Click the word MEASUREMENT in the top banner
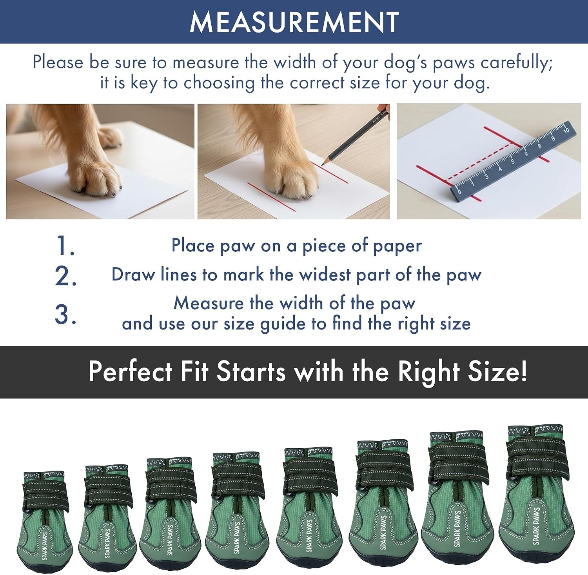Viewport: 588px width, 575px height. coord(294,22)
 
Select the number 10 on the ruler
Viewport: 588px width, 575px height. coord(566,130)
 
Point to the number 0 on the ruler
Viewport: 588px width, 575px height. coord(459,192)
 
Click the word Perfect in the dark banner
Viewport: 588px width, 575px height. coord(131,371)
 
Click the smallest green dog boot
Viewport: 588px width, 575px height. coord(44,522)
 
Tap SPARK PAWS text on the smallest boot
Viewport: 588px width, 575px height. coord(45,546)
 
